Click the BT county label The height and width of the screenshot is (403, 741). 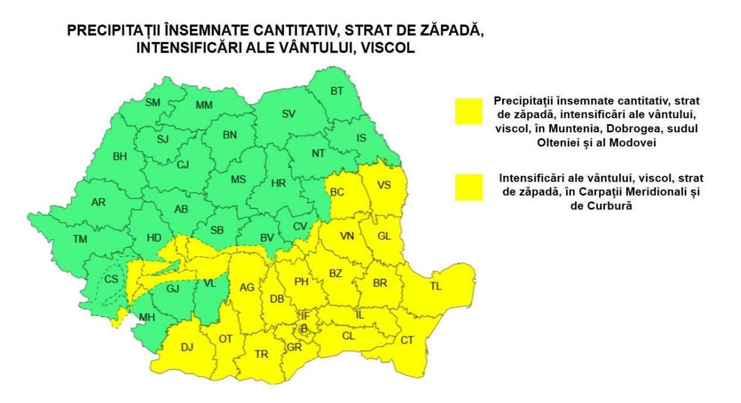point(337,91)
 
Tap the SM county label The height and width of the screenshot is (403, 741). point(153,103)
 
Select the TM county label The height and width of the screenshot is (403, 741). point(79,239)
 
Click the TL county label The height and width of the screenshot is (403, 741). point(435,287)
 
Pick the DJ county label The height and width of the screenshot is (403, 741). point(187,347)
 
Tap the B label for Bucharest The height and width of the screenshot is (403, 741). point(304,329)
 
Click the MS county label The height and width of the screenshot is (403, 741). point(238,180)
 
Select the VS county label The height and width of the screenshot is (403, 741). point(384,185)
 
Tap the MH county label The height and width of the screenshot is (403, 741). point(147,318)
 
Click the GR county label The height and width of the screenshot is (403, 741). point(294,347)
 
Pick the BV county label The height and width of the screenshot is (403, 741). point(267,237)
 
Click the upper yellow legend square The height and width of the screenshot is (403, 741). point(468,111)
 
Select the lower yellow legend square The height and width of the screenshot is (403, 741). point(468,187)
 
